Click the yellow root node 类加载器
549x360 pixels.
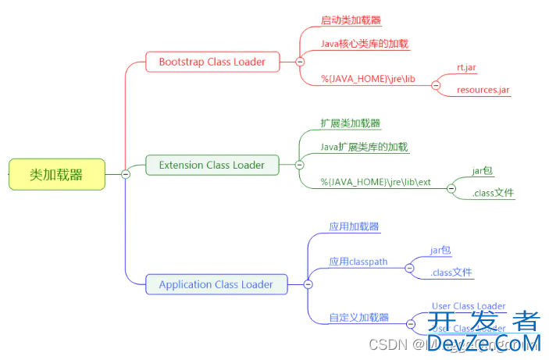pyautogui.click(x=56, y=175)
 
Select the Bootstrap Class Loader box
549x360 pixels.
pyautogui.click(x=212, y=62)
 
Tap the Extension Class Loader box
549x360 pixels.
pyautogui.click(x=212, y=165)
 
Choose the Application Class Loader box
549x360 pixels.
pyautogui.click(x=216, y=284)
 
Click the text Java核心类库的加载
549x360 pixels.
pyautogui.click(x=365, y=44)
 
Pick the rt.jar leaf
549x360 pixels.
pyautogui.click(x=467, y=67)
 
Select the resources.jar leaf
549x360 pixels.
pyautogui.click(x=483, y=90)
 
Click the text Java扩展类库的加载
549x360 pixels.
pyautogui.click(x=365, y=147)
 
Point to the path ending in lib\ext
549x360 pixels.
pyautogui.click(x=376, y=182)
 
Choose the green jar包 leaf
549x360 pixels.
pyautogui.click(x=483, y=170)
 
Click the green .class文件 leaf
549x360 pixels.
pyautogui.click(x=493, y=193)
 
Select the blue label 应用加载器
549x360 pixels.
pyautogui.click(x=354, y=226)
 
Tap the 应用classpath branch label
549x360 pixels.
pyautogui.click(x=358, y=262)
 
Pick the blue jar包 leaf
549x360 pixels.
pyautogui.click(x=440, y=250)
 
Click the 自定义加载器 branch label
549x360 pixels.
pyautogui.click(x=358, y=318)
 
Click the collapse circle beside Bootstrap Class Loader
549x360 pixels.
pyautogui.click(x=300, y=62)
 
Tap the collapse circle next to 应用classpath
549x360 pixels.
pyautogui.click(x=409, y=268)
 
